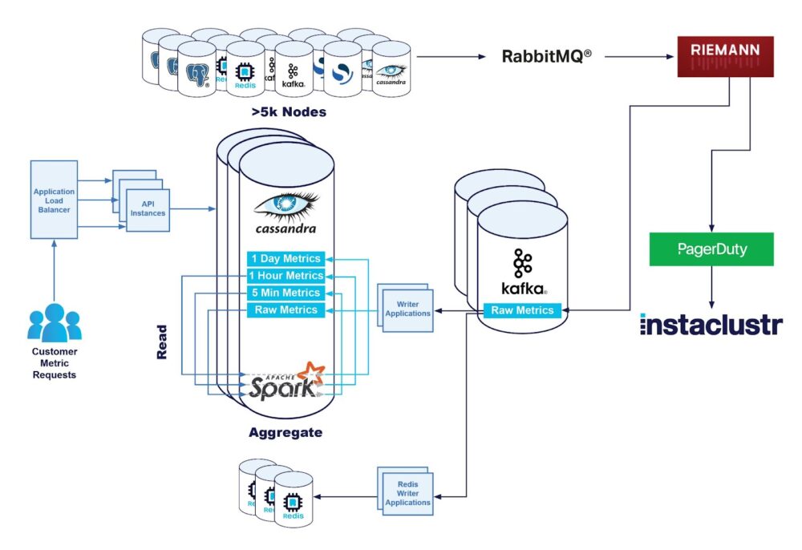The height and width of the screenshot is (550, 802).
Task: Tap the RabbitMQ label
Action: coord(547,57)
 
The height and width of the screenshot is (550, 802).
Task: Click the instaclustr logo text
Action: coord(711,324)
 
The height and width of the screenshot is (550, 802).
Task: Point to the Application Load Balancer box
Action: coord(54,199)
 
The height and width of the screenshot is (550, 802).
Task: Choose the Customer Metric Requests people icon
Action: coord(54,322)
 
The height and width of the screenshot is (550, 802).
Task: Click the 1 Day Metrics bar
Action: coord(286,258)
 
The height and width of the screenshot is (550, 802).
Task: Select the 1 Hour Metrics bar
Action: coord(286,276)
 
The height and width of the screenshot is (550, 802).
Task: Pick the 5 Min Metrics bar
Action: coord(286,293)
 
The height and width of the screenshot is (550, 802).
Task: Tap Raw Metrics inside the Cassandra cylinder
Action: coord(286,310)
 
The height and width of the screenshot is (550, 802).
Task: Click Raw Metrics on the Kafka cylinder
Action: coord(522,310)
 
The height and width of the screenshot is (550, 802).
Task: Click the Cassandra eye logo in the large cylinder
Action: coord(286,206)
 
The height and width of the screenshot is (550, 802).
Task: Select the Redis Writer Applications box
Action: coord(407,491)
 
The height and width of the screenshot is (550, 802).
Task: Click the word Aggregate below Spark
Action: coord(285,432)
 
